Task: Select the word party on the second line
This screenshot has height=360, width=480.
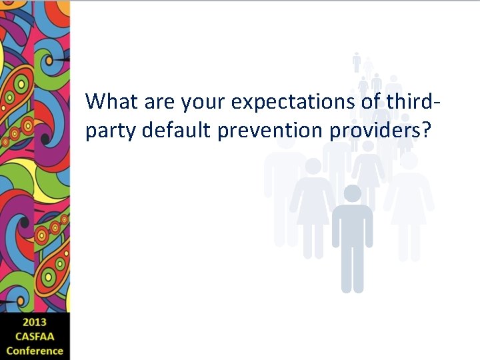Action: (x=107, y=131)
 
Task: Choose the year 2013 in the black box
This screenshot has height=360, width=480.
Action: (x=35, y=323)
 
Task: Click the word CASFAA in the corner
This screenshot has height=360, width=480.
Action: (x=35, y=337)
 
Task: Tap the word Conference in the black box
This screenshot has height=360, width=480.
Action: (x=35, y=351)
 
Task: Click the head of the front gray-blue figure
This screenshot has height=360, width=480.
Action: (x=352, y=193)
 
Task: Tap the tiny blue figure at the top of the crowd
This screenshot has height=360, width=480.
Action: (x=357, y=61)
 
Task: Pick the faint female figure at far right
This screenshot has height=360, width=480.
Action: (x=408, y=200)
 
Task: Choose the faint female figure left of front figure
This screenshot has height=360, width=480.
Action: (x=312, y=207)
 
